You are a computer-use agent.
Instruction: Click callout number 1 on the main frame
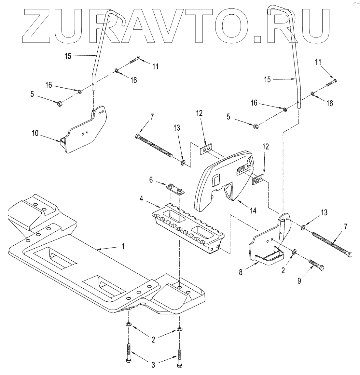(x=123, y=246)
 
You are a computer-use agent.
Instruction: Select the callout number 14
(x=253, y=210)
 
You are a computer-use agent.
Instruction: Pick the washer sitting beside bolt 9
(x=294, y=252)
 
